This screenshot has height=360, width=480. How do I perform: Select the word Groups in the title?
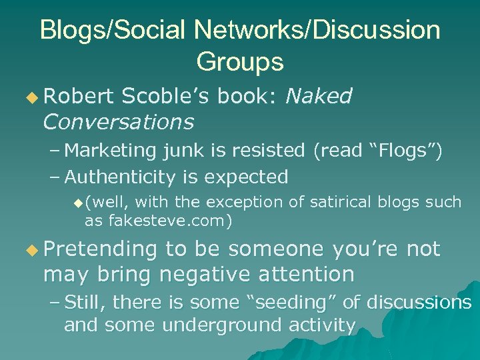pos(240,62)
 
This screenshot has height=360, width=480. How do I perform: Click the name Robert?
pos(79,97)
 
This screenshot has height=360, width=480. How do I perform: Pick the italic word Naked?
pos(318,97)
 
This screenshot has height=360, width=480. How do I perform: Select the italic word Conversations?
pos(118,122)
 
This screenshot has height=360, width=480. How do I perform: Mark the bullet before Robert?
pos(33,97)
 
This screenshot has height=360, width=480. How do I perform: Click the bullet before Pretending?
pos(33,250)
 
